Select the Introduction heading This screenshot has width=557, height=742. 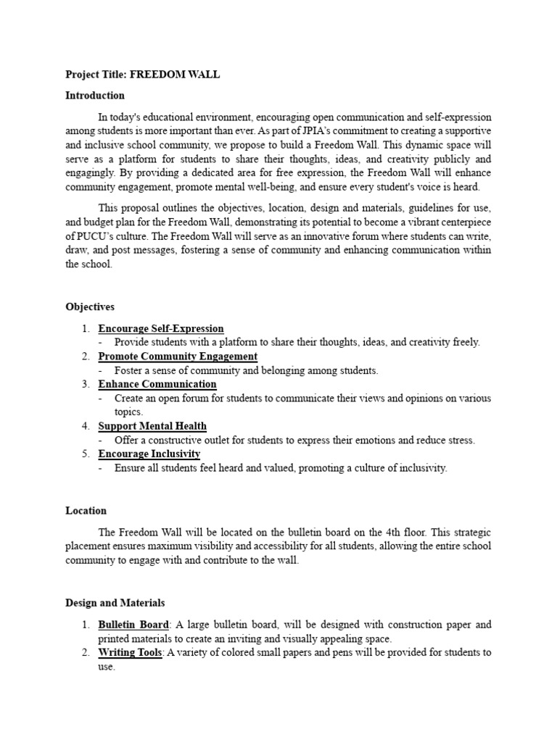[x=95, y=95]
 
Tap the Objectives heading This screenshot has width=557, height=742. [x=90, y=307]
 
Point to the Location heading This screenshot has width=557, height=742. [x=86, y=510]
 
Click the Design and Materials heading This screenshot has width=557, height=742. [x=115, y=602]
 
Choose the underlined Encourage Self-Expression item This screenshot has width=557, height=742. [x=161, y=329]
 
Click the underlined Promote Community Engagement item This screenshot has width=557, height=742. [x=178, y=357]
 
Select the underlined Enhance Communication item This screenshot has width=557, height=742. [x=157, y=384]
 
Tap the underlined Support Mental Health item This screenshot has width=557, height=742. [x=152, y=426]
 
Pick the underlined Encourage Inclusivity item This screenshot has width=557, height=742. [x=149, y=454]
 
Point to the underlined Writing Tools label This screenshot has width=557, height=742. [x=130, y=652]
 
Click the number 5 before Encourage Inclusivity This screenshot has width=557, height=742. [x=85, y=454]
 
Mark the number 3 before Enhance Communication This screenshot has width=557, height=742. [x=85, y=384]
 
